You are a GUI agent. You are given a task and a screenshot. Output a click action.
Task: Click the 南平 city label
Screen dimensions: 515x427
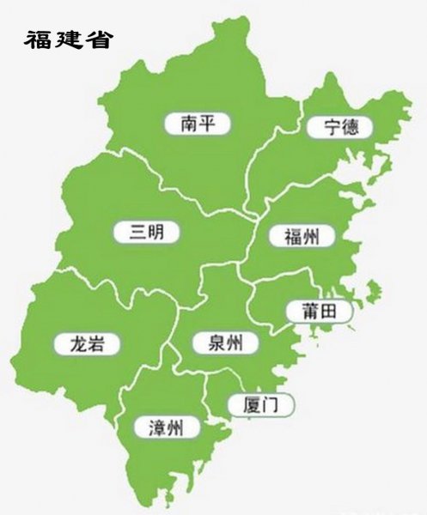click(199, 124)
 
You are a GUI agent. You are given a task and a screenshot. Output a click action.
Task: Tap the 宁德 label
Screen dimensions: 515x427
click(340, 128)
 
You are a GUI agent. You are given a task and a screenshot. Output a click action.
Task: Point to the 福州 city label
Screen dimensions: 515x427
click(301, 236)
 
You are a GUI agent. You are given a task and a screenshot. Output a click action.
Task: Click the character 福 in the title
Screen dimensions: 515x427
click(39, 39)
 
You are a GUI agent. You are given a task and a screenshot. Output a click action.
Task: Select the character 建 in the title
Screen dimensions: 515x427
click(69, 39)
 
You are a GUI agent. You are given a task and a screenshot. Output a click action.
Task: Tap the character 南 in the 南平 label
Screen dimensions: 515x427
click(189, 124)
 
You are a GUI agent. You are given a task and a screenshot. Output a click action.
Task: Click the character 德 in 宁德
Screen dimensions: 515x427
click(351, 128)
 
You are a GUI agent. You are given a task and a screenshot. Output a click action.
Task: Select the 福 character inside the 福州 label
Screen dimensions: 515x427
click(290, 236)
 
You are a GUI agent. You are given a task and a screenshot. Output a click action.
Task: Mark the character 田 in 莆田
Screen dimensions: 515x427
click(330, 311)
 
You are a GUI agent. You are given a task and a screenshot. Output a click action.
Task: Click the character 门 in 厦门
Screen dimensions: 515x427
click(271, 403)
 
